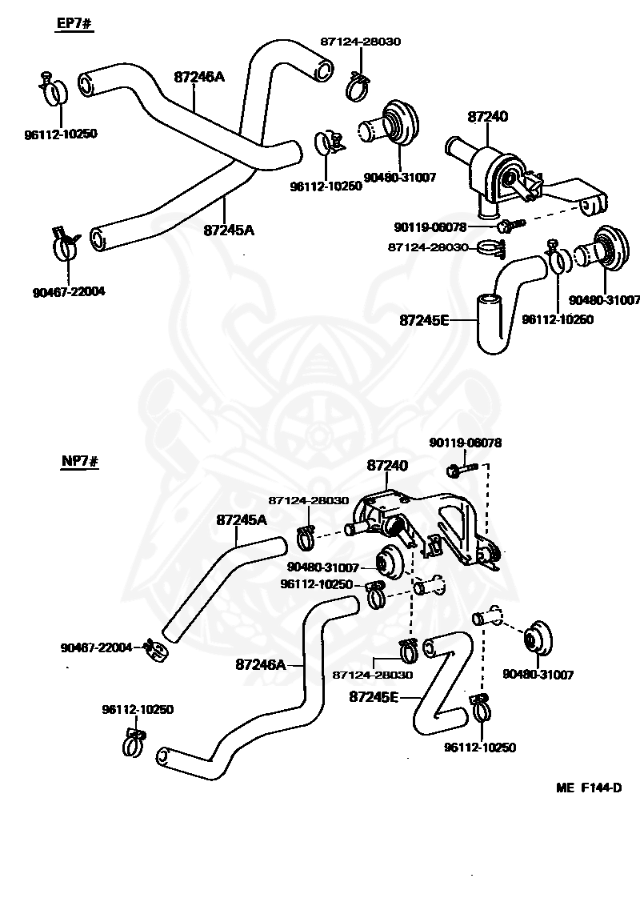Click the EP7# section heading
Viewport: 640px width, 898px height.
[x=74, y=24]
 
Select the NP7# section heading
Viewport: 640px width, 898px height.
[x=79, y=462]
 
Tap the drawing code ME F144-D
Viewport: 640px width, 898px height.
[x=589, y=788]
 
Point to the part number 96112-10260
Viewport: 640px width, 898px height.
[x=557, y=319]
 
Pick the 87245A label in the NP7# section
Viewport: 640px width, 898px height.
[x=242, y=520]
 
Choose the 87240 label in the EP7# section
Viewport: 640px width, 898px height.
[x=487, y=117]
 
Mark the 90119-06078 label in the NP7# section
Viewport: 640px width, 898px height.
[x=466, y=443]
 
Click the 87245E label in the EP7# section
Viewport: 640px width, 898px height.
[x=424, y=320]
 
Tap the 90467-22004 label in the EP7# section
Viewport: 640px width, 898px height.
[x=69, y=292]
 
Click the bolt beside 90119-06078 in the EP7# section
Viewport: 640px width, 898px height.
[x=510, y=224]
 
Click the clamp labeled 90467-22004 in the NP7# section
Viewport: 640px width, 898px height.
[x=155, y=650]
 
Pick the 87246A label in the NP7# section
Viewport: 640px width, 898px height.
[x=261, y=664]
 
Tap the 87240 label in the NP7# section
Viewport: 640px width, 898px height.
[x=387, y=466]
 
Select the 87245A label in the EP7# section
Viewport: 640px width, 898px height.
[x=229, y=231]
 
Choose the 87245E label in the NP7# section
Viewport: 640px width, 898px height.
[x=374, y=697]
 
